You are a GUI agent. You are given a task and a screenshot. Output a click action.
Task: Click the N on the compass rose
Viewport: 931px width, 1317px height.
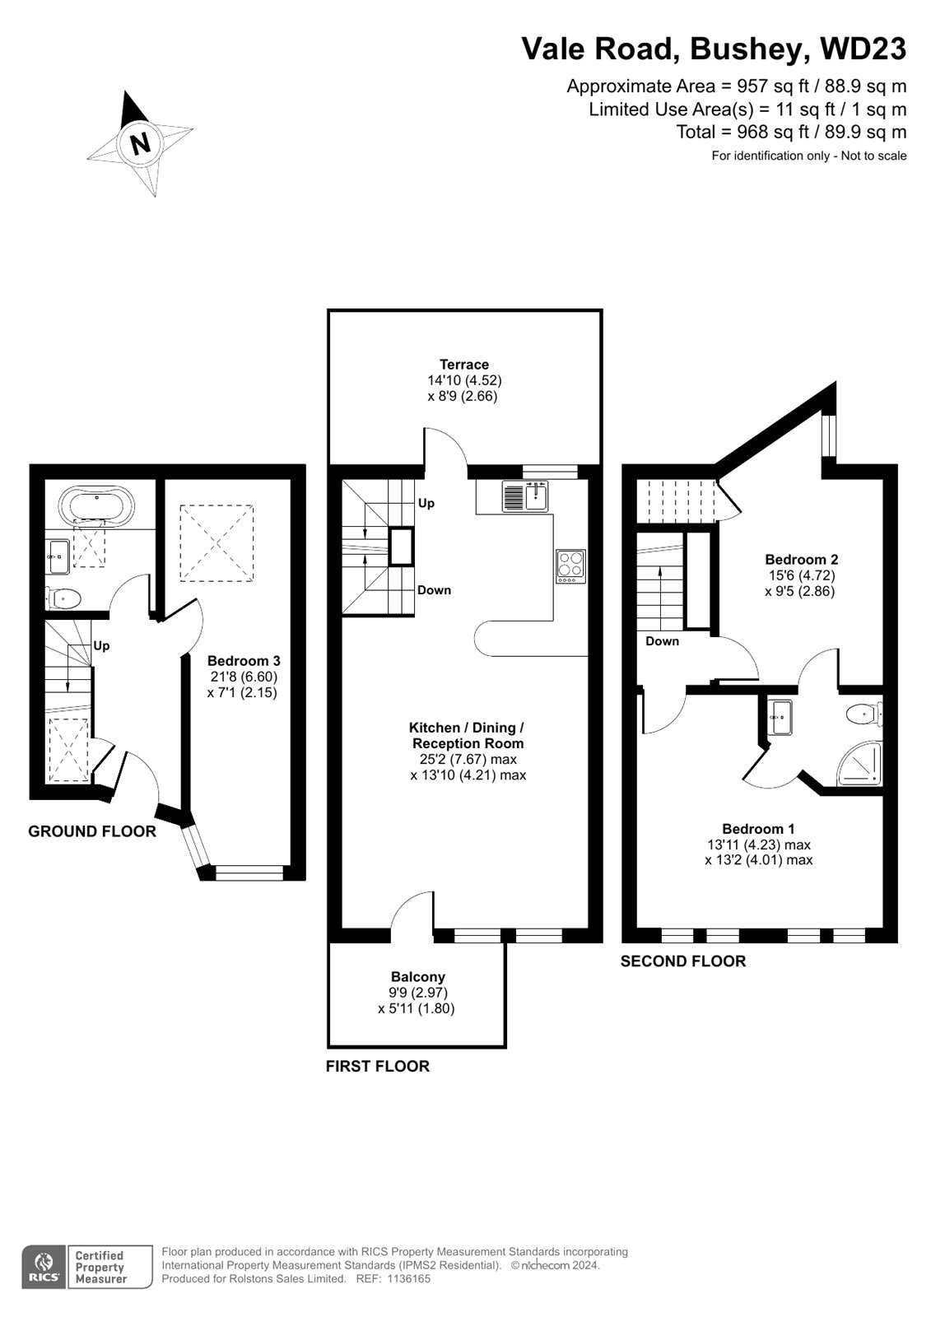click(140, 142)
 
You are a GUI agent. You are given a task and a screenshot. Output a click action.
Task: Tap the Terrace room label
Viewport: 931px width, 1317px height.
click(464, 364)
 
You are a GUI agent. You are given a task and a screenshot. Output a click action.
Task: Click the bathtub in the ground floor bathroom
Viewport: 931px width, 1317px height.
click(95, 503)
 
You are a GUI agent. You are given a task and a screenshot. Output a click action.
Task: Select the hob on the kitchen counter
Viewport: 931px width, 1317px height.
click(570, 566)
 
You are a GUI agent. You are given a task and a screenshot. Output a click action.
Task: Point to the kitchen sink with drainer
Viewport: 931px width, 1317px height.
click(525, 496)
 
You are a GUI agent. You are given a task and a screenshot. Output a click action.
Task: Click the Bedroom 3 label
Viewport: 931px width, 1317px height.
click(244, 660)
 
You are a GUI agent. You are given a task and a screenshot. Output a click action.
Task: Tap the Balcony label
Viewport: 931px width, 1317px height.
click(417, 976)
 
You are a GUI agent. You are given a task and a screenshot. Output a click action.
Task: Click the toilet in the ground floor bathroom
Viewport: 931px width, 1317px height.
click(63, 599)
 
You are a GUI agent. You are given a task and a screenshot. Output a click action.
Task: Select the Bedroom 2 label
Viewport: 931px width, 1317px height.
click(801, 559)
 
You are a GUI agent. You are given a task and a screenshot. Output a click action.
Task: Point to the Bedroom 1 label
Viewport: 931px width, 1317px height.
click(758, 828)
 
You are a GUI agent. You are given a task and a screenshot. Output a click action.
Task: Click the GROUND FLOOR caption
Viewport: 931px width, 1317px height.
click(92, 831)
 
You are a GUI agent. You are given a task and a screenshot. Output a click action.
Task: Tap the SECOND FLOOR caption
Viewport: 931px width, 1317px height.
click(682, 961)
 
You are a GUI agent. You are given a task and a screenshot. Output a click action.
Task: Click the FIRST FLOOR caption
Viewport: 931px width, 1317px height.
click(378, 1066)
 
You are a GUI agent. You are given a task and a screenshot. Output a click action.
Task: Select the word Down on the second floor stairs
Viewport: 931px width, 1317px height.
click(662, 641)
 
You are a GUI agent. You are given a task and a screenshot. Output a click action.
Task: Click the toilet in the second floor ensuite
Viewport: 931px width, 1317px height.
click(864, 715)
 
